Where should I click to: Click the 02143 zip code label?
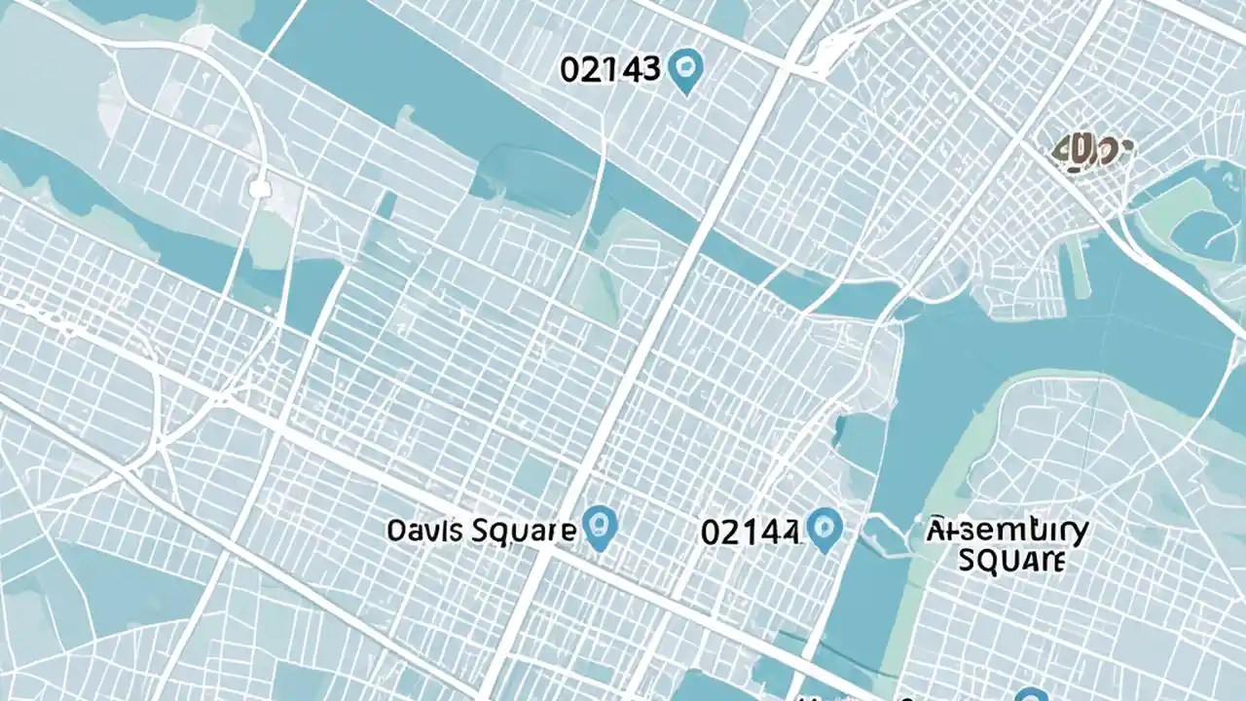click(x=610, y=70)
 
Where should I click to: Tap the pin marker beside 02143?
click(x=687, y=70)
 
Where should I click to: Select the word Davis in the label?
click(x=425, y=531)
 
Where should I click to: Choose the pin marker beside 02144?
click(x=825, y=529)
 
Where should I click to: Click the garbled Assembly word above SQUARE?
click(x=1008, y=532)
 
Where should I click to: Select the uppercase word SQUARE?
click(x=1011, y=561)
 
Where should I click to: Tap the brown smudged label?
click(x=1093, y=154)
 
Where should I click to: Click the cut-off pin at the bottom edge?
click(x=1030, y=694)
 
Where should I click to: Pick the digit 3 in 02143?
click(x=651, y=70)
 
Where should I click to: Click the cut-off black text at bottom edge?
click(x=857, y=696)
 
